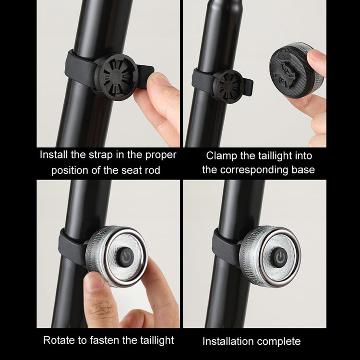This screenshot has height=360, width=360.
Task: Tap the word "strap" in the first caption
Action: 102,155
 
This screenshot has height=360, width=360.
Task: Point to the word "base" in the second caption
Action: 301,170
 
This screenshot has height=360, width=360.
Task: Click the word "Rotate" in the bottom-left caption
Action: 59,340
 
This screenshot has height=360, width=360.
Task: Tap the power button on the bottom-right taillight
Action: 279,257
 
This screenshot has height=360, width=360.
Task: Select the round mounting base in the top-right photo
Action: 228,86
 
